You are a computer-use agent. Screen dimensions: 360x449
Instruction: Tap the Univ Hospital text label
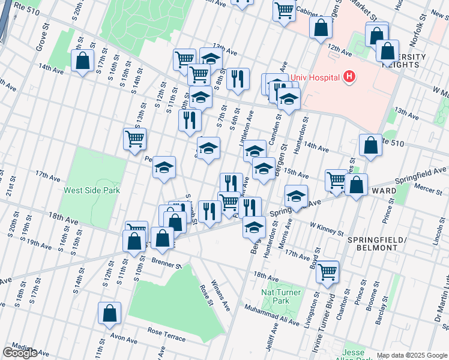316,77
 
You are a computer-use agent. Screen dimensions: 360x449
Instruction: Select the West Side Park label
92,190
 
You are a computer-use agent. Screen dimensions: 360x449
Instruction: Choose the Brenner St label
166,264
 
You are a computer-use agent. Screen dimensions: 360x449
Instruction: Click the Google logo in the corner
20,353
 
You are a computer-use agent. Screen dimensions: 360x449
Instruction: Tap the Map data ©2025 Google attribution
412,355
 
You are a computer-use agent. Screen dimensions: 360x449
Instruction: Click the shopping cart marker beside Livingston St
327,271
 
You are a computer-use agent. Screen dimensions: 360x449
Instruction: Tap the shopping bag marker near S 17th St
82,60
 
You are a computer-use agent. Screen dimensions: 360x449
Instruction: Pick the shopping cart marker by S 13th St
134,139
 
